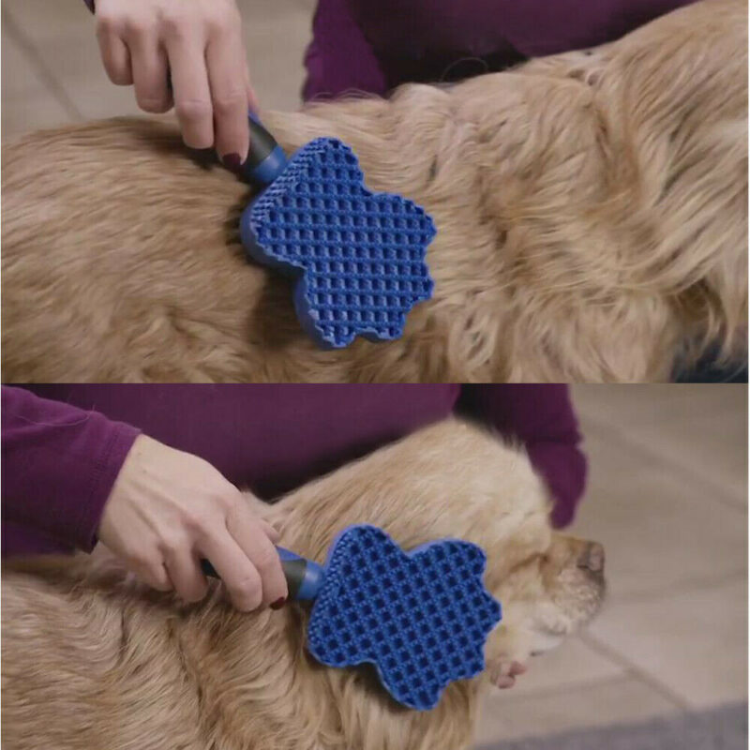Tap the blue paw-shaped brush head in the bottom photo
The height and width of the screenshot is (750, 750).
point(403,600)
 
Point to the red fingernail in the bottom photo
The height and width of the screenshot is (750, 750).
point(278,603)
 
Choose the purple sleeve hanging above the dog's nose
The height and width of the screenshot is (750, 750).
point(553,450)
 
